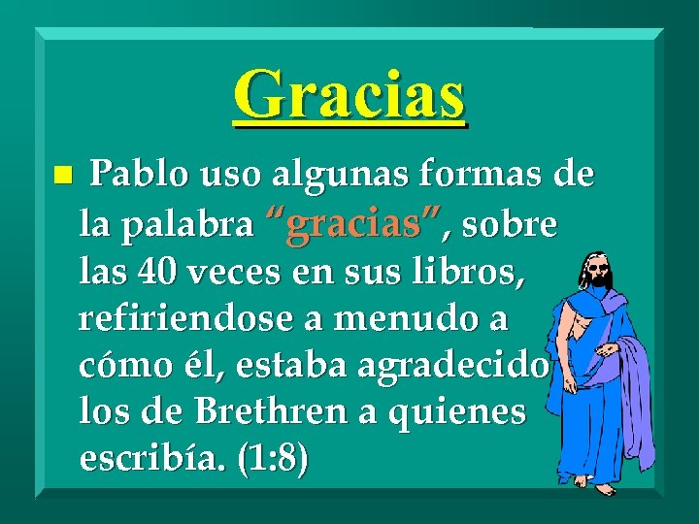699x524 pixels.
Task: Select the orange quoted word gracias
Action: click(354, 225)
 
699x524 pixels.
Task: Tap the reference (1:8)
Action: click(272, 459)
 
